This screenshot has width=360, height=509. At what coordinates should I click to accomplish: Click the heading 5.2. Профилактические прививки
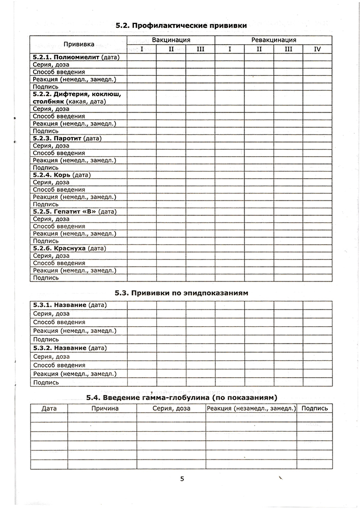(181, 25)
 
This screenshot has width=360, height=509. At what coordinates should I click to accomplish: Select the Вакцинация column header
(171, 40)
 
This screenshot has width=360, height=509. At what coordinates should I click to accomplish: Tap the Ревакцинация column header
(273, 40)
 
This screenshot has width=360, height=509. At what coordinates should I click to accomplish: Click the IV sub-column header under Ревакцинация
(317, 49)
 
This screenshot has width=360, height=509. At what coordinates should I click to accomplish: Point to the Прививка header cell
(78, 44)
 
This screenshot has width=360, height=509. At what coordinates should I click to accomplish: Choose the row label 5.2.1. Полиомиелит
(75, 57)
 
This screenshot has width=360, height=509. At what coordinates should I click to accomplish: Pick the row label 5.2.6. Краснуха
(69, 248)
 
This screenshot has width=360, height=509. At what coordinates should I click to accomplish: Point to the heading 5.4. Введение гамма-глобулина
(181, 397)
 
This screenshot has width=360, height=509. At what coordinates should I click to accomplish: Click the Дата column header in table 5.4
(49, 408)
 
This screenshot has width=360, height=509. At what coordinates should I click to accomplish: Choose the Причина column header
(105, 408)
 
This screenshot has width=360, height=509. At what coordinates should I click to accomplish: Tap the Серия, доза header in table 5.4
(172, 408)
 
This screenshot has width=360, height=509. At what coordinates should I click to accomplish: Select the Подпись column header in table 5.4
(315, 408)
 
